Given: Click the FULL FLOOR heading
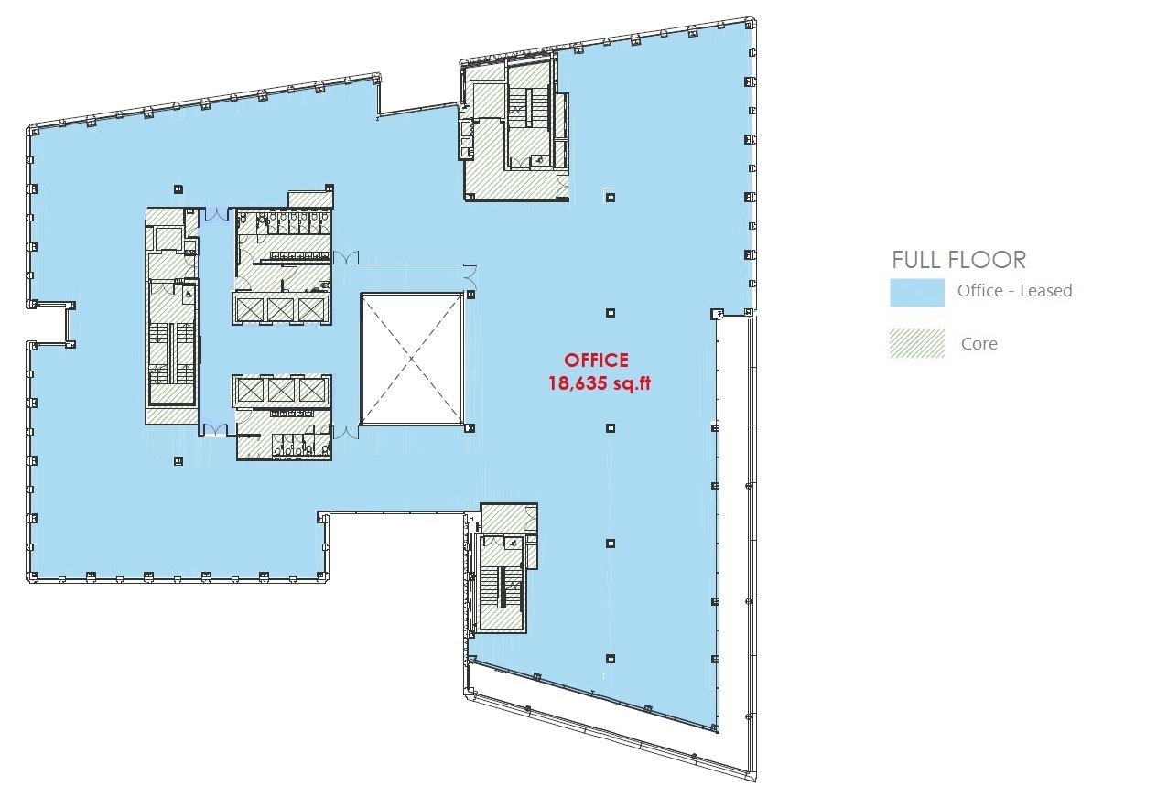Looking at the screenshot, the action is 958,260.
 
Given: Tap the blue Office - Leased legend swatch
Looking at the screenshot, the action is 917,293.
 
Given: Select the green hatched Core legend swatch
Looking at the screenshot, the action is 917,343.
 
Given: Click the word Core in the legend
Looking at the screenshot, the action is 979,343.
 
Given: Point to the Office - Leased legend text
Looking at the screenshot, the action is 1014,291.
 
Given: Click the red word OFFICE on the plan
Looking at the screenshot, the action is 596,360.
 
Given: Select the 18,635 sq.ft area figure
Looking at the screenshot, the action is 600,383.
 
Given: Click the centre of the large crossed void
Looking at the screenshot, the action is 412,359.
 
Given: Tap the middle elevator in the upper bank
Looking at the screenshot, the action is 281,309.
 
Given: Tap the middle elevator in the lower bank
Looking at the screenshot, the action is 281,390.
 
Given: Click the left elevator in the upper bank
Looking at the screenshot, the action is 250,309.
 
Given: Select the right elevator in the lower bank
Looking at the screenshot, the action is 312,390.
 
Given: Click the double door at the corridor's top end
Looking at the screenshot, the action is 216,214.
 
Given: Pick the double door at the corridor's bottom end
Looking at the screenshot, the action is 214,430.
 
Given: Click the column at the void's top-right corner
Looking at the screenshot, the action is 470,295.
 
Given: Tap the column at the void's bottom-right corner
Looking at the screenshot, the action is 470,428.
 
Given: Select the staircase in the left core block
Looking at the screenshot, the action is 172,353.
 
